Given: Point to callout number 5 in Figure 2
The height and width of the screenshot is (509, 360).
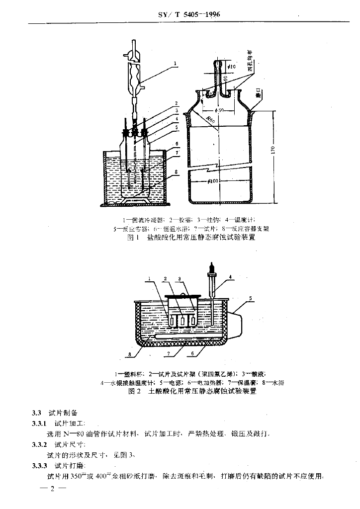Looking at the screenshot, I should [252, 299].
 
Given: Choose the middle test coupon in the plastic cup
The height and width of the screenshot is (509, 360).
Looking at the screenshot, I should [182, 321].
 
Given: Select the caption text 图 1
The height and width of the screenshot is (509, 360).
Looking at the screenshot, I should [132, 238].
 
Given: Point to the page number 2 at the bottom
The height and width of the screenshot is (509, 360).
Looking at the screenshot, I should [52, 489].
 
